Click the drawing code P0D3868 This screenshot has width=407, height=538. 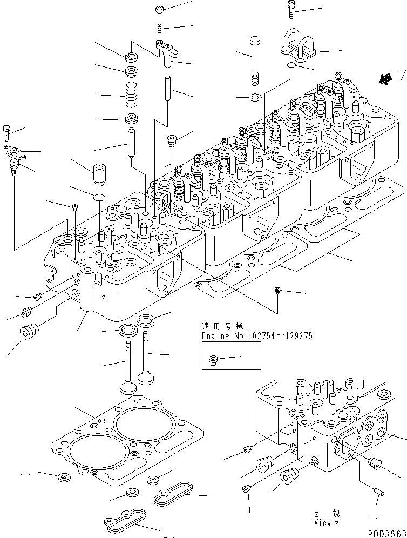pos(388,532)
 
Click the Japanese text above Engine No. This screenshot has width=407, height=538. pos(222,327)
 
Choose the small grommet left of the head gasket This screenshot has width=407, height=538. pos(64,477)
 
